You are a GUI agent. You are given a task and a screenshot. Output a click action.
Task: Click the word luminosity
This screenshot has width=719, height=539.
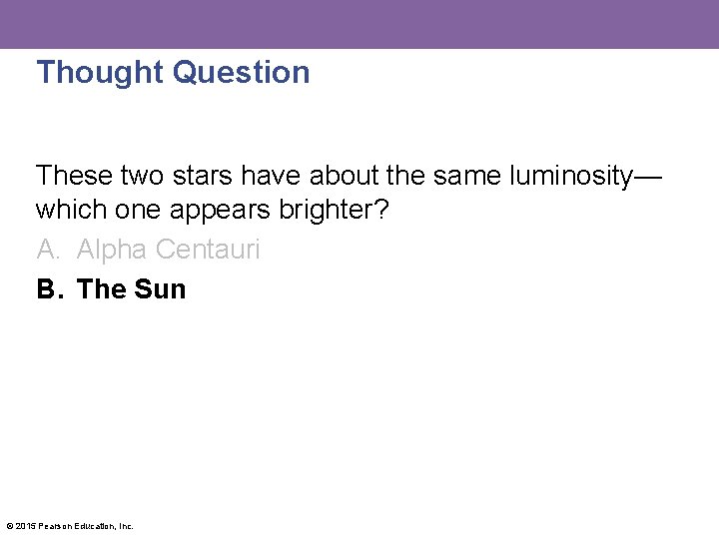(x=570, y=176)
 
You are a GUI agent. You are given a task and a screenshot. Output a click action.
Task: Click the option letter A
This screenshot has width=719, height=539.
(x=46, y=250)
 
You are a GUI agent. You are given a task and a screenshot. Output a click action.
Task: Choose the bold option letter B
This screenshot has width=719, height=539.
(x=47, y=289)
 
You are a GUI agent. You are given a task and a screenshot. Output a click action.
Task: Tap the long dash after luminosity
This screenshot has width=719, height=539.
(x=647, y=177)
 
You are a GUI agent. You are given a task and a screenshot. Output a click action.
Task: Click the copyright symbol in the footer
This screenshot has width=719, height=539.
(x=9, y=526)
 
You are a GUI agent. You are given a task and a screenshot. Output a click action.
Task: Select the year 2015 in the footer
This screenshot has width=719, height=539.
(x=25, y=526)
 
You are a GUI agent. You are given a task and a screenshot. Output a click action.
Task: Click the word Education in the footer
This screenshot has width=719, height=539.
(x=92, y=526)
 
